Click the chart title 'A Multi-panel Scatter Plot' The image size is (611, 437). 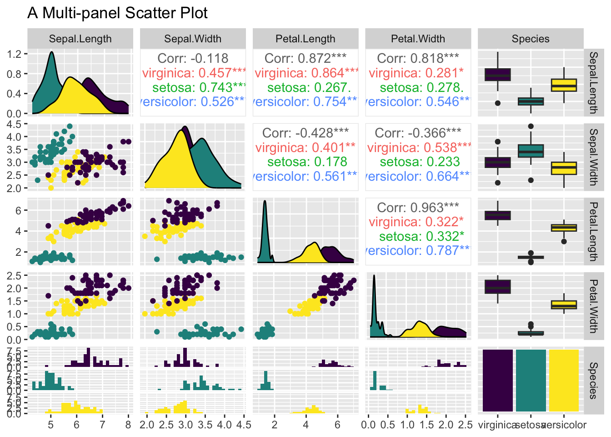click(x=117, y=13)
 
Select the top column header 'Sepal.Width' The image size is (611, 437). click(x=193, y=39)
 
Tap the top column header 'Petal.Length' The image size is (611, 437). click(x=305, y=39)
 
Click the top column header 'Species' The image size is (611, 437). click(x=531, y=39)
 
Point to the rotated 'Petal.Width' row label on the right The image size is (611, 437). click(x=594, y=306)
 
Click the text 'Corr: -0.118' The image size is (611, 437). click(x=193, y=58)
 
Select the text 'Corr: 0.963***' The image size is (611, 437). click(x=418, y=208)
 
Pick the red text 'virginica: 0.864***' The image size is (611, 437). click(x=306, y=73)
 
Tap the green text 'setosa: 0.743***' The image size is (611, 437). click(x=199, y=87)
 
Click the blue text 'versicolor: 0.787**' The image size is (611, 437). click(x=418, y=250)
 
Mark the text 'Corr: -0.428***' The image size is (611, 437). click(x=305, y=133)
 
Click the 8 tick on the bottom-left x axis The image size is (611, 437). click(x=128, y=425)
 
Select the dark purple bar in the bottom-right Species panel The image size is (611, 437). click(x=497, y=381)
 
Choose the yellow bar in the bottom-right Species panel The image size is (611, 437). click(x=564, y=381)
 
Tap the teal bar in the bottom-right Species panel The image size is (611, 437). click(x=531, y=381)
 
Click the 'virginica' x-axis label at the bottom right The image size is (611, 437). click(x=497, y=425)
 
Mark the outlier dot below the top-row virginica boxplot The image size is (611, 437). click(x=497, y=103)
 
